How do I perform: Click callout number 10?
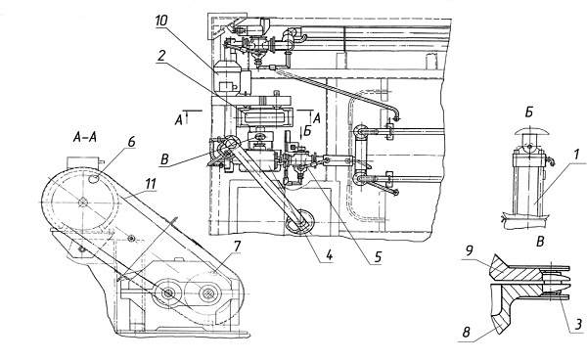pyautogui.click(x=161, y=21)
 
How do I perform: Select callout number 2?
pyautogui.click(x=161, y=56)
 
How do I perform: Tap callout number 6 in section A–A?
pyautogui.click(x=131, y=142)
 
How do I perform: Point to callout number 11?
pyautogui.click(x=150, y=183)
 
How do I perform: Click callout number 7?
pyautogui.click(x=237, y=247)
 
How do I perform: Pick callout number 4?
pyautogui.click(x=329, y=256)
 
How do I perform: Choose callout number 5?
pyautogui.click(x=377, y=256)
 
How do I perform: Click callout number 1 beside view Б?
pyautogui.click(x=576, y=155)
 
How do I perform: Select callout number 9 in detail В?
pyautogui.click(x=471, y=251)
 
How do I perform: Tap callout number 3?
pyautogui.click(x=578, y=324)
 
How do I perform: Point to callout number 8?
pyautogui.click(x=466, y=333)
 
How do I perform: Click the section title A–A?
pyautogui.click(x=84, y=138)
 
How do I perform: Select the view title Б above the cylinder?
pyautogui.click(x=529, y=112)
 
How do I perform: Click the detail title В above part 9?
pyautogui.click(x=540, y=242)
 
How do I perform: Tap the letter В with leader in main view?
pyautogui.click(x=164, y=159)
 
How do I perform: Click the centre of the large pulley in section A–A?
pyautogui.click(x=82, y=202)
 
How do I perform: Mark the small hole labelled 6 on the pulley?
pyautogui.click(x=93, y=180)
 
